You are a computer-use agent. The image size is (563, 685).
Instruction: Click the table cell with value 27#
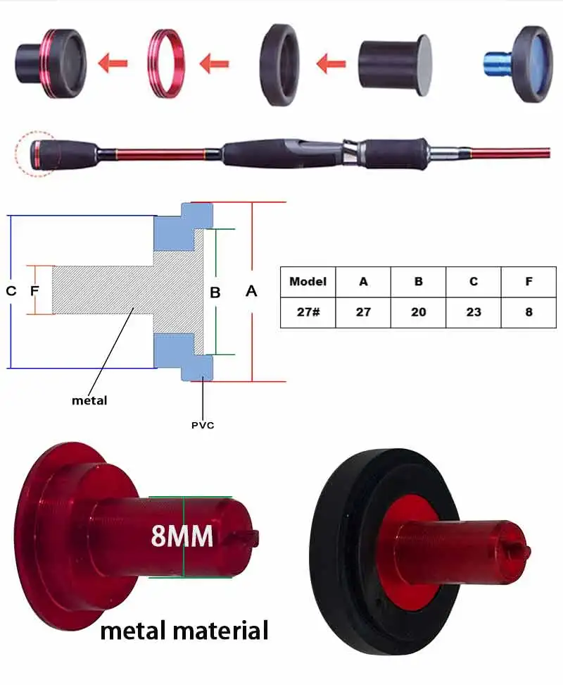[x=308, y=311]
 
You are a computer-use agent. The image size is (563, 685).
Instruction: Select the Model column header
[x=308, y=281]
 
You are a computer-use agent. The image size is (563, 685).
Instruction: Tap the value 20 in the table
[x=418, y=311]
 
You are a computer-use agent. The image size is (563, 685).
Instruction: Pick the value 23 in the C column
[x=473, y=311]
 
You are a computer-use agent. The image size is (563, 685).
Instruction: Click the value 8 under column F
[x=529, y=311]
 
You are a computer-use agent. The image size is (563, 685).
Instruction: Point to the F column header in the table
[x=529, y=281]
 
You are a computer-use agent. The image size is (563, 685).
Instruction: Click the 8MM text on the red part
[x=182, y=536]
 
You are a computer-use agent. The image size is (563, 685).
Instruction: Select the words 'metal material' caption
[x=184, y=630]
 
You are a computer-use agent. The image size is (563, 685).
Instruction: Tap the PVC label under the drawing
[x=203, y=425]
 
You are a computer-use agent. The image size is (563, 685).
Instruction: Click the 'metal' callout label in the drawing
[x=89, y=400]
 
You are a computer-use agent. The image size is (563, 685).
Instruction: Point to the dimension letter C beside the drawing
[x=11, y=290]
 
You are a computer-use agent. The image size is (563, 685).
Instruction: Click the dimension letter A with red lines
[x=251, y=291]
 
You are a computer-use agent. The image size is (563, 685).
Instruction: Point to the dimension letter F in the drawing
[x=33, y=290]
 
